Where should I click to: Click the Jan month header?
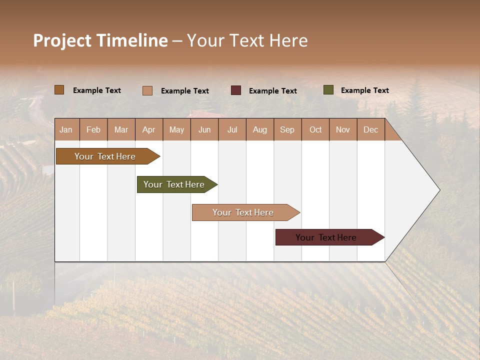66,129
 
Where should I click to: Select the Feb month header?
93,129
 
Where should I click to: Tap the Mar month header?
121,129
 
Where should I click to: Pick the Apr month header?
149,129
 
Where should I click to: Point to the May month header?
176,129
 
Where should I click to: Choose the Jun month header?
204,129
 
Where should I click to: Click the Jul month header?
232,129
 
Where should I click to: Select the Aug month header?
260,129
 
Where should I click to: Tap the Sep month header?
287,129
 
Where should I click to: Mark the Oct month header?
315,129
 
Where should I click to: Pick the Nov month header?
343,129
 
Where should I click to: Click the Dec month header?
371,129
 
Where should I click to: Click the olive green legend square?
328,90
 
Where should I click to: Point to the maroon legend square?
236,90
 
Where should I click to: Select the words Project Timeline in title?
100,40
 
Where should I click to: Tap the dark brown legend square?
59,90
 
